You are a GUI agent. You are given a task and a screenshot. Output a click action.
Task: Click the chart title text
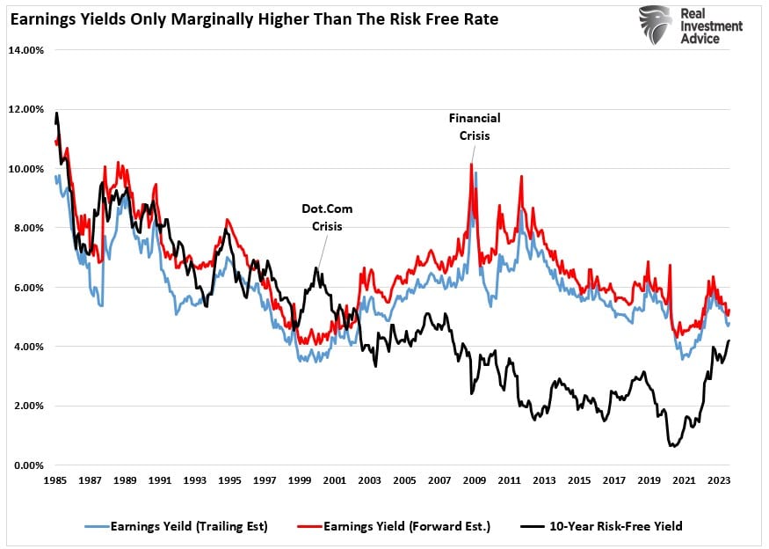click(x=254, y=18)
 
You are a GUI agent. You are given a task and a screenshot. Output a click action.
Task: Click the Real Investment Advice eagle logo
click(x=656, y=26)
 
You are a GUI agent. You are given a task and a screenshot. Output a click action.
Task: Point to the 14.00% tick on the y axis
click(x=26, y=50)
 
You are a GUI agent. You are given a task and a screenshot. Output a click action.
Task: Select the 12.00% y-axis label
click(x=26, y=109)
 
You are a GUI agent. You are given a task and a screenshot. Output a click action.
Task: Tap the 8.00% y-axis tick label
click(x=29, y=228)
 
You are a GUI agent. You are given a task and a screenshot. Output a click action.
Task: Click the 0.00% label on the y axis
click(x=29, y=465)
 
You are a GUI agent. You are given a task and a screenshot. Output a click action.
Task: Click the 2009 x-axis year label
click(x=475, y=481)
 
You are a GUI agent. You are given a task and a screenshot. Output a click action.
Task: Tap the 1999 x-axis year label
click(x=301, y=481)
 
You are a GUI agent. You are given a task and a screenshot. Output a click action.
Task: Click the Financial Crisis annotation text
click(x=475, y=127)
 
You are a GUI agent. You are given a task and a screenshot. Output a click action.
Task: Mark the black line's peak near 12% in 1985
click(x=57, y=113)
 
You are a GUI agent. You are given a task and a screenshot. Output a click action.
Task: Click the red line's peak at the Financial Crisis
click(x=471, y=165)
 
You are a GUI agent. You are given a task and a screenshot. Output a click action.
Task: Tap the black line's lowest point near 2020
click(x=673, y=446)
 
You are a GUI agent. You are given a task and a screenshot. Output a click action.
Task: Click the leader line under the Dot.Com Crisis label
click(x=314, y=254)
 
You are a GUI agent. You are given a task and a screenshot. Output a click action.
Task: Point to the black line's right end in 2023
click(x=729, y=341)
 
